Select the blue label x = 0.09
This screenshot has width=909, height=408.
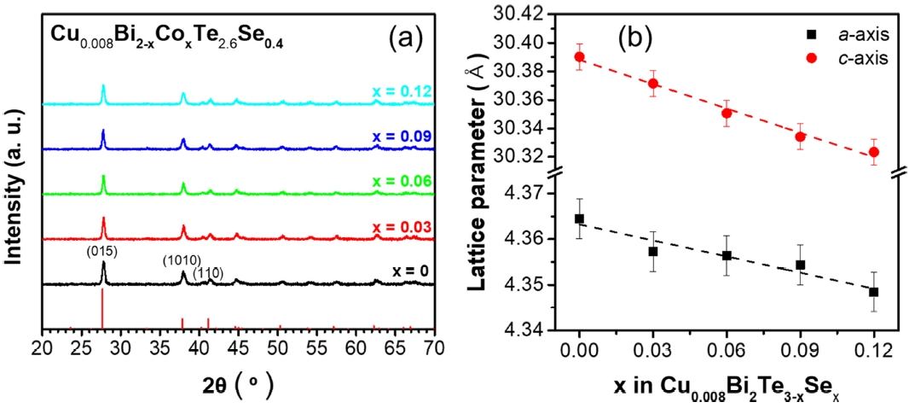[x=402, y=137]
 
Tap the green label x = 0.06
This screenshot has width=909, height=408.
[x=402, y=181]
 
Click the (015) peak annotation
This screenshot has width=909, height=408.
[x=103, y=252]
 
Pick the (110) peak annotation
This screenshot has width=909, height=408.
[x=207, y=273]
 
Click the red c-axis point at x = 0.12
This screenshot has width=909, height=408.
[x=874, y=152]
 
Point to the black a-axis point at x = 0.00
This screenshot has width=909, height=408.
[x=580, y=219]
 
